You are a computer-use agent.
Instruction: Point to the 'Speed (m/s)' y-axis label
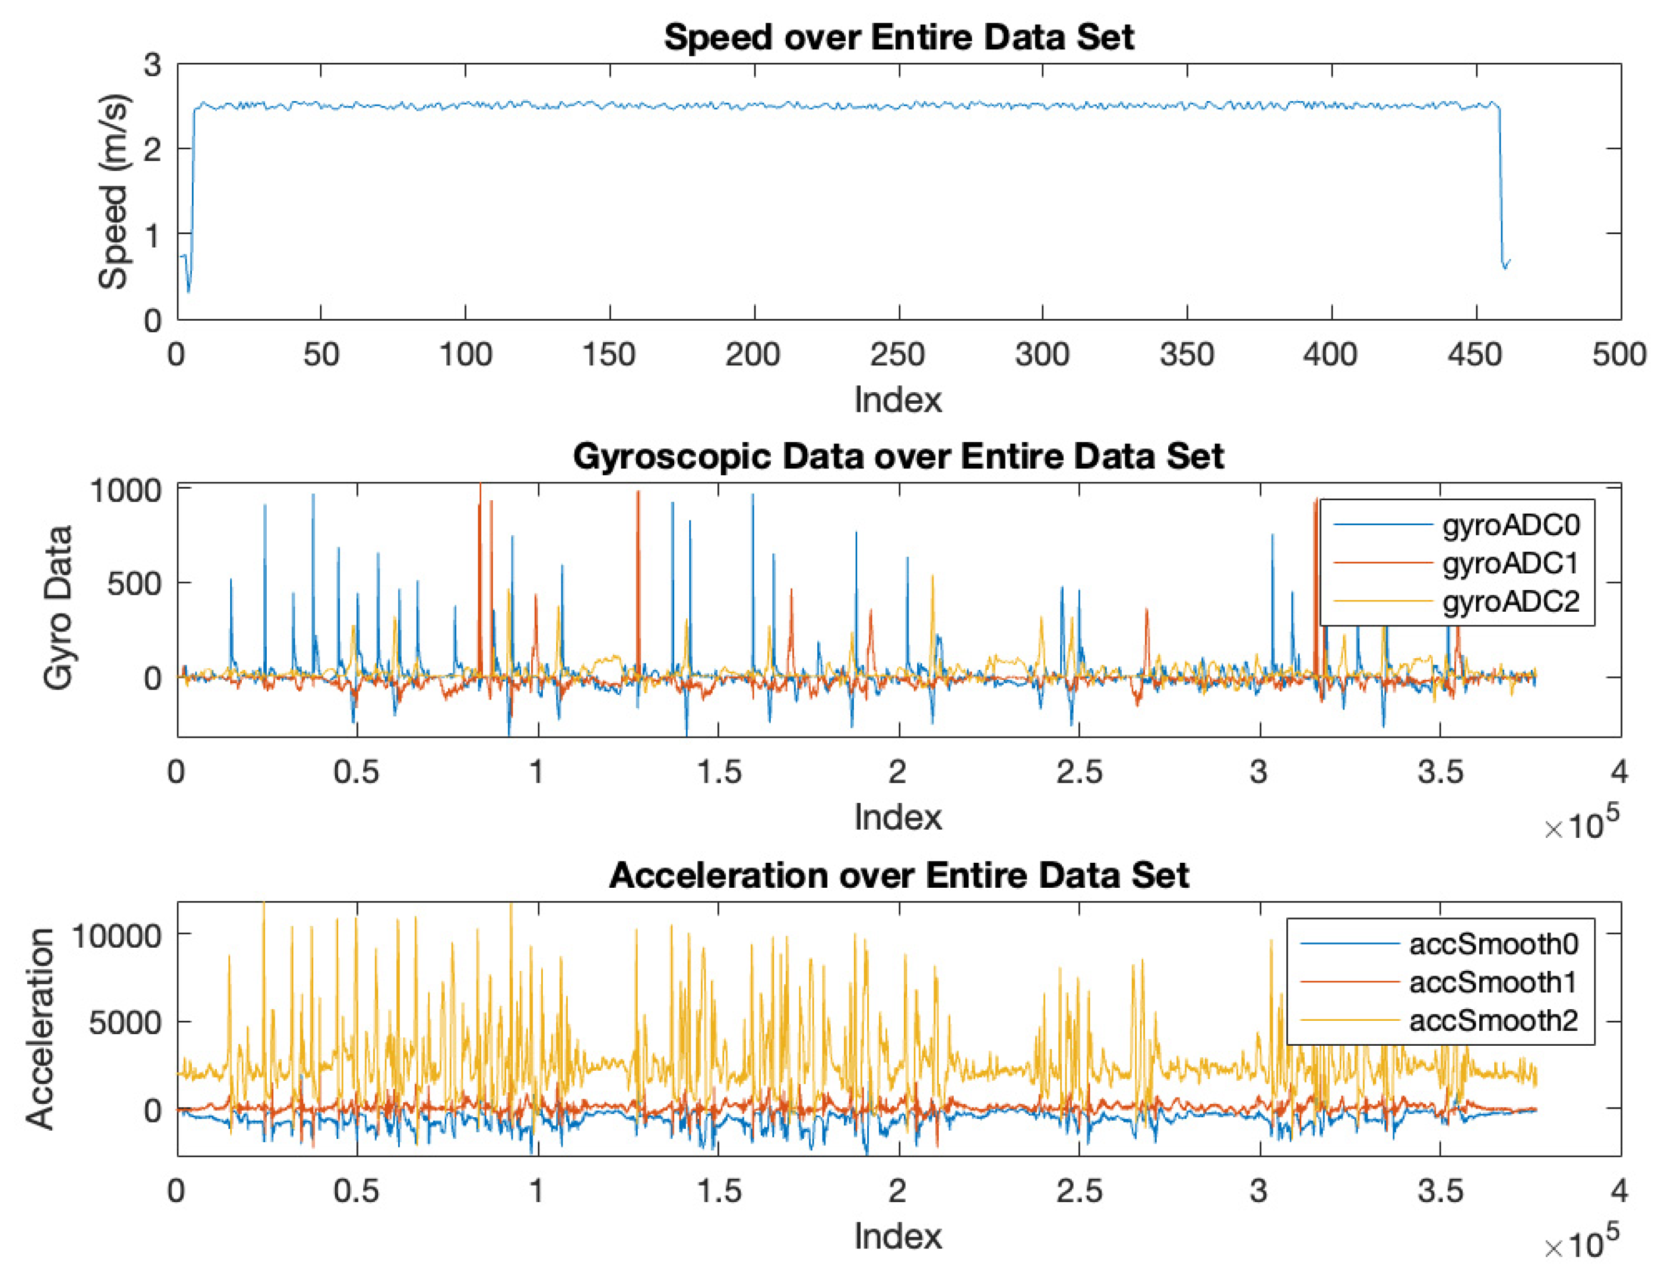(x=113, y=191)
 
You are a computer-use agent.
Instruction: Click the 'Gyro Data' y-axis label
(x=58, y=608)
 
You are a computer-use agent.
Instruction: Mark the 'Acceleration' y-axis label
(x=40, y=1028)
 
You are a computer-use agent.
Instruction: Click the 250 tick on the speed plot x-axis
(x=897, y=354)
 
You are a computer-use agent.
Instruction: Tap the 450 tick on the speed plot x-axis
(x=1475, y=354)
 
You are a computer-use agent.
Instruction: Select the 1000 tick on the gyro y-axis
(x=126, y=491)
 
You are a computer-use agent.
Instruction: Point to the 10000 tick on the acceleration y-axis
(x=116, y=935)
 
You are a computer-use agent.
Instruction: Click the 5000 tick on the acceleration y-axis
(x=124, y=1023)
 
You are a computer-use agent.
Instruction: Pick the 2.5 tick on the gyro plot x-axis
(x=1079, y=772)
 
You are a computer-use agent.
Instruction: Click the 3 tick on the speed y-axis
(x=152, y=66)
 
